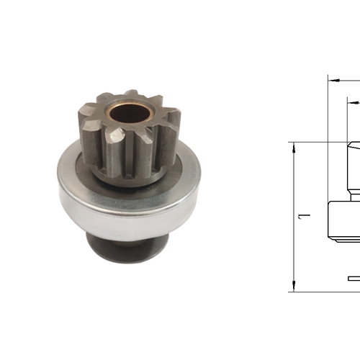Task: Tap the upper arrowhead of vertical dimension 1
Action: [x=294, y=147]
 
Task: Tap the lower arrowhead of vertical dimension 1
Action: [x=294, y=287]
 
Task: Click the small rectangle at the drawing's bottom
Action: [x=354, y=278]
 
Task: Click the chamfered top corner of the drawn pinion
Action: [x=349, y=146]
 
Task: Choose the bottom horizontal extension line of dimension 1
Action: [x=324, y=292]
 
